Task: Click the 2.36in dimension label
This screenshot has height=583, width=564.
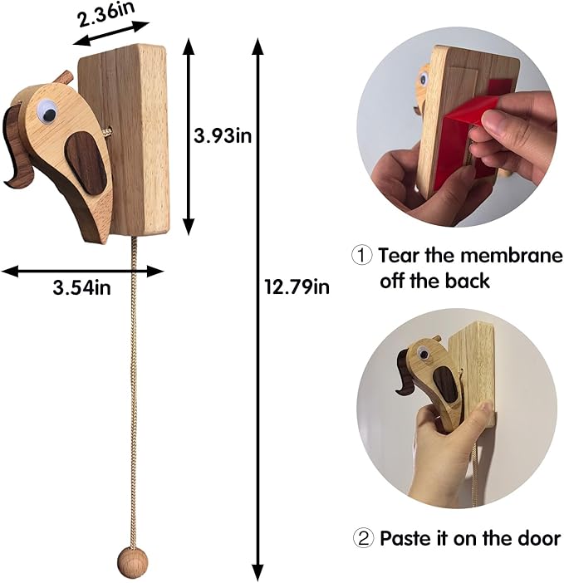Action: point(105,14)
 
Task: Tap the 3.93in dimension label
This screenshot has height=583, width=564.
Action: point(223,135)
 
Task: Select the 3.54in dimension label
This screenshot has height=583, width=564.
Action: point(81,287)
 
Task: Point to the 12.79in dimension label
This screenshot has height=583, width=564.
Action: point(297,287)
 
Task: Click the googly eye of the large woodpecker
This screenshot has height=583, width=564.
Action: point(47,111)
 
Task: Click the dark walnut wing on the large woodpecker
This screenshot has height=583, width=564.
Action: point(86,164)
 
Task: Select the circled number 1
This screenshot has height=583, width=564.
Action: point(361,256)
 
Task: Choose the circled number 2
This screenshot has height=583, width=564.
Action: point(362,537)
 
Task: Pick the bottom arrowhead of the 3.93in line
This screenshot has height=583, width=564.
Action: point(189,227)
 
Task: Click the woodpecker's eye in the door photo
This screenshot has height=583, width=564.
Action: point(423,353)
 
